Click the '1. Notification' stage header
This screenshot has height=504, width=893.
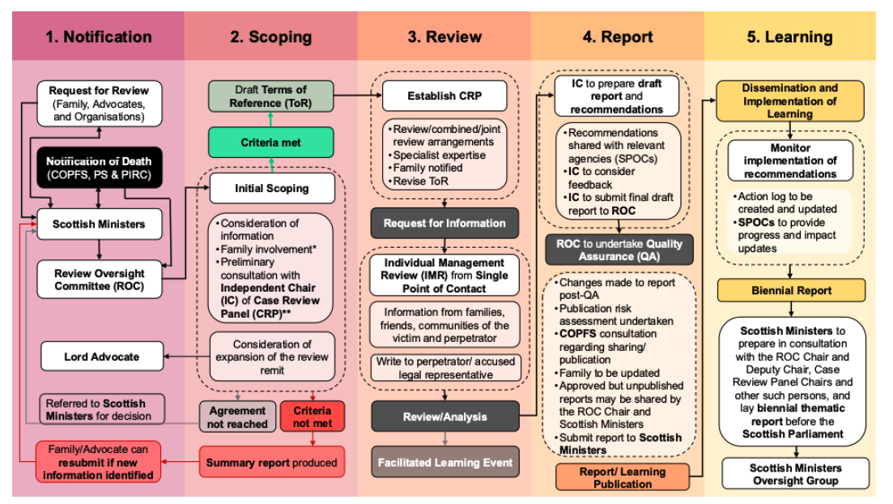click(x=98, y=36)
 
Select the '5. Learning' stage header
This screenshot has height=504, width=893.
click(x=789, y=36)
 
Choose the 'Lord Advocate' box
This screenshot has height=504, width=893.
click(x=101, y=357)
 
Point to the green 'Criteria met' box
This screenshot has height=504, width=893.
click(x=270, y=142)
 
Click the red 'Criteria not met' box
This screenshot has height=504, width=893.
click(x=312, y=416)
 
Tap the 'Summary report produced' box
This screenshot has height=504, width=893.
click(x=271, y=463)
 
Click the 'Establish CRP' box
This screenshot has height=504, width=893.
click(x=444, y=96)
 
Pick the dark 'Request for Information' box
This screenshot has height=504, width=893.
click(x=444, y=223)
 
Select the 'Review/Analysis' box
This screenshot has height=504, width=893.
click(x=444, y=416)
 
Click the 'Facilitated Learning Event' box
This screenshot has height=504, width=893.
click(x=444, y=463)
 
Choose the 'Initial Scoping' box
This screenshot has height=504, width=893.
click(x=271, y=188)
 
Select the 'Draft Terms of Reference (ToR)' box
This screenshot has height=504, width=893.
click(x=270, y=96)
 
